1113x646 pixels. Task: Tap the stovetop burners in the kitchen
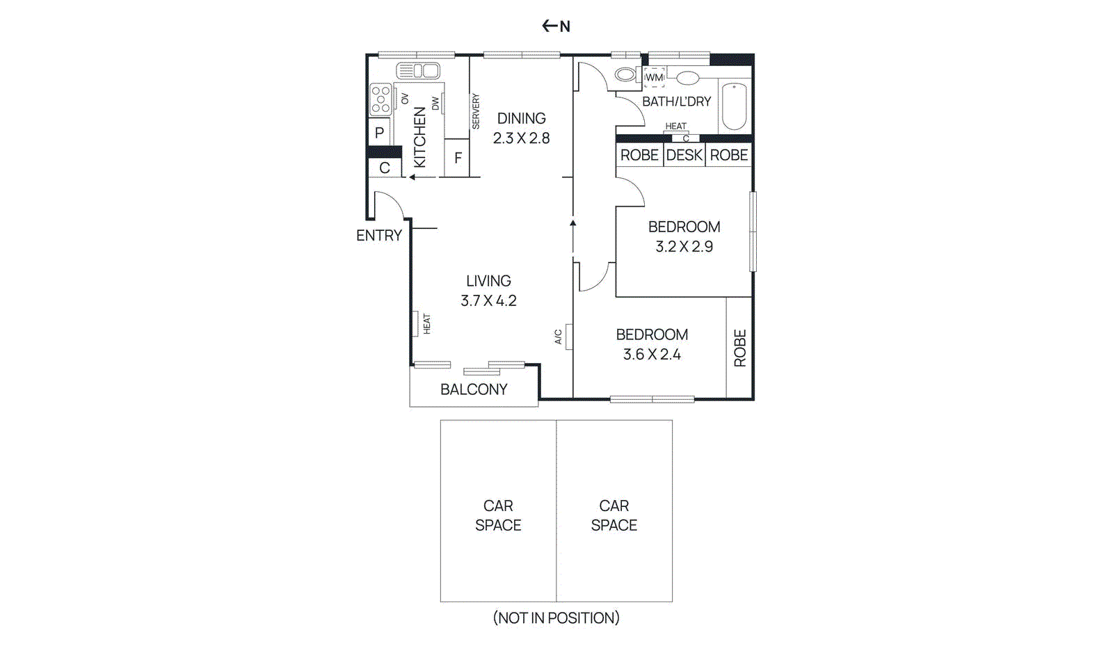tap(380, 99)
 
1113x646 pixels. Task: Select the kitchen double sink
tap(418, 71)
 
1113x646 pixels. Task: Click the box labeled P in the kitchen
tap(380, 132)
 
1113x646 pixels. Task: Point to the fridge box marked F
tap(457, 158)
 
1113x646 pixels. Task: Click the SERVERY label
tap(476, 111)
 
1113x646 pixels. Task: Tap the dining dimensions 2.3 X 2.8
tap(521, 138)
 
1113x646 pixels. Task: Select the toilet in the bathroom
tap(625, 74)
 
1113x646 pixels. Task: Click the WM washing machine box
tap(654, 77)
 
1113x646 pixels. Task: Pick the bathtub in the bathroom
tap(734, 106)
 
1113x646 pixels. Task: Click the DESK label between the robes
tap(684, 155)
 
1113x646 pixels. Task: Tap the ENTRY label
tap(378, 236)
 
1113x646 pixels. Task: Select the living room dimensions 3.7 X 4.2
tap(488, 301)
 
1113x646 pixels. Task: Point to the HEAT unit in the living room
tap(416, 324)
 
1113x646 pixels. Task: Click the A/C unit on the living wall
tap(568, 337)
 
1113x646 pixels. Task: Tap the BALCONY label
tap(474, 389)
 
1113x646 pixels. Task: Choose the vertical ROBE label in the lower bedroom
tap(739, 348)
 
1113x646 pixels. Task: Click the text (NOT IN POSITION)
tap(556, 617)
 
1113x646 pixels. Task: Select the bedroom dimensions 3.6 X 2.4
tap(652, 355)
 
